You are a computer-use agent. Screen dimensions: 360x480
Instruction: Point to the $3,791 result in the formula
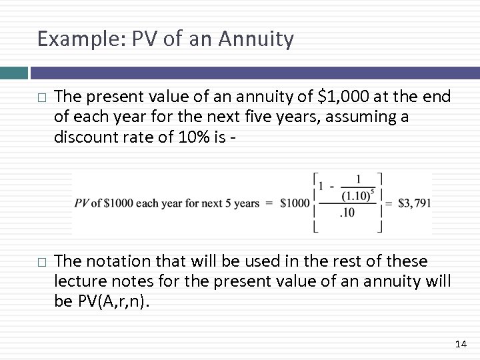point(414,203)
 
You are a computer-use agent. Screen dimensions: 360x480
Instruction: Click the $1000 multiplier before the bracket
point(293,203)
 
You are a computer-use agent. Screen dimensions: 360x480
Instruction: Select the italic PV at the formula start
point(82,203)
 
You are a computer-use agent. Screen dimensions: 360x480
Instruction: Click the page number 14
point(460,344)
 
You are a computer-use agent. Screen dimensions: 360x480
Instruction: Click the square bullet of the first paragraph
point(41,98)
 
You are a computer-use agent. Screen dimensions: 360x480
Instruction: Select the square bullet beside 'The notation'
point(41,261)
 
